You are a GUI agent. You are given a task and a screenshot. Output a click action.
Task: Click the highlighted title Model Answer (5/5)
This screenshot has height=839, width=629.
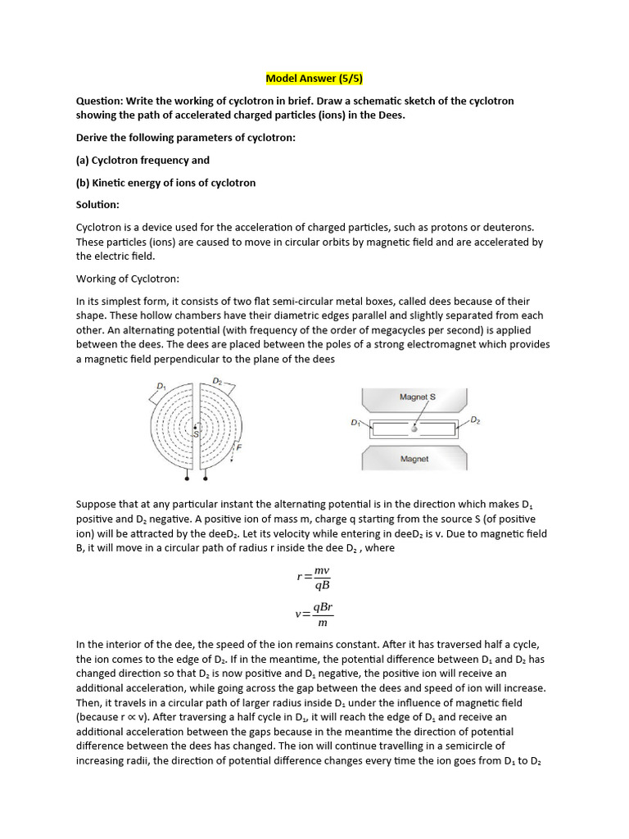coord(314,79)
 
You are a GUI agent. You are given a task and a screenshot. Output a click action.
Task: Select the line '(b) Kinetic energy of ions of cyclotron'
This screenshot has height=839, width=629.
coord(165,182)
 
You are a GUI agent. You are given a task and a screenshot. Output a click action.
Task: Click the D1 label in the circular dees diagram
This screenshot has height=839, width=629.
coord(161,386)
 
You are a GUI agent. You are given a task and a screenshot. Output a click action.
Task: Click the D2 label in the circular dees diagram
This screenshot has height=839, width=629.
coord(217,381)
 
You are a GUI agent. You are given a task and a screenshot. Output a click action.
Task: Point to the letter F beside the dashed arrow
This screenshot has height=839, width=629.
coord(238,447)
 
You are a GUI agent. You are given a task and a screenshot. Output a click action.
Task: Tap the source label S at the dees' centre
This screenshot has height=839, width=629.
coord(196,433)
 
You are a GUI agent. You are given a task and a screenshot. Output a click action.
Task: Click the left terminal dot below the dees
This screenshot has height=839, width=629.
coord(188,478)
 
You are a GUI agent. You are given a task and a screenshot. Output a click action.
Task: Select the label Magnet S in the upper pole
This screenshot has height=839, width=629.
coord(417,397)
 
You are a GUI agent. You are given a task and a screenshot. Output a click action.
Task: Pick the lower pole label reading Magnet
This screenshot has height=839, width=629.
coord(414,460)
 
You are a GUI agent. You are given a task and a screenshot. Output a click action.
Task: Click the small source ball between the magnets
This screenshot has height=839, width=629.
coord(414,428)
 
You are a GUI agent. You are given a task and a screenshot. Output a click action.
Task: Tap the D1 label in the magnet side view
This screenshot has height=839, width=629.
coord(355,423)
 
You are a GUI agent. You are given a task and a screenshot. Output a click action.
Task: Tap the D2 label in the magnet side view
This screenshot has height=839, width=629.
coord(475,420)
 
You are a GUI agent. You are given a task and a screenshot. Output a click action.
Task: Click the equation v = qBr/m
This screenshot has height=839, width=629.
coord(314,614)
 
